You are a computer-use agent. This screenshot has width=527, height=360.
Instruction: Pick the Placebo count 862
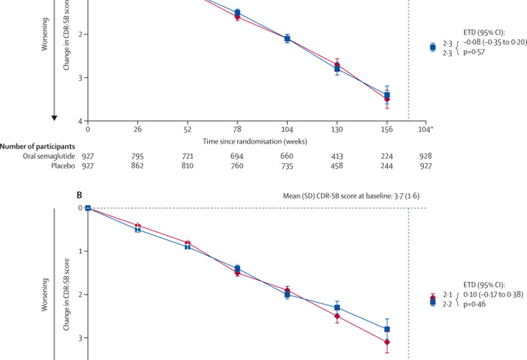pyautogui.click(x=137, y=165)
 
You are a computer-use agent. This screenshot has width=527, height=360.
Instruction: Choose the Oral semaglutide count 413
pyautogui.click(x=337, y=155)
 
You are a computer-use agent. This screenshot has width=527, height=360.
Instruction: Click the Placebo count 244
pyautogui.click(x=387, y=165)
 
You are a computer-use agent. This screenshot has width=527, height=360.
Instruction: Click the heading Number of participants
pyautogui.click(x=38, y=145)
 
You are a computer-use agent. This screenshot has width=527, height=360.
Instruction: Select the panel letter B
pyautogui.click(x=79, y=195)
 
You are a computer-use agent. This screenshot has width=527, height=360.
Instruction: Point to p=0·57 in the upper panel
pyautogui.click(x=475, y=51)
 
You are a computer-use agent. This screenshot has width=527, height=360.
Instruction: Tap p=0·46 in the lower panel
pyautogui.click(x=475, y=311)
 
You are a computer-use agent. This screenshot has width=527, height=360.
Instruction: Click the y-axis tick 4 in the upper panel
pyautogui.click(x=79, y=121)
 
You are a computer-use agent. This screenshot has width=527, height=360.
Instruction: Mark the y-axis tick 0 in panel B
pyautogui.click(x=79, y=208)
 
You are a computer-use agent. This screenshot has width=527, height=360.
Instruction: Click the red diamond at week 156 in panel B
pyautogui.click(x=387, y=342)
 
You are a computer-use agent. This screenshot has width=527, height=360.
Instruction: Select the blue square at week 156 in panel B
pyautogui.click(x=387, y=329)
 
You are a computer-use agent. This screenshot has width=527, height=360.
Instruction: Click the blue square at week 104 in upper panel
pyautogui.click(x=287, y=39)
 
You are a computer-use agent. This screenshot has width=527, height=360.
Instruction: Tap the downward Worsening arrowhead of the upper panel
pyautogui.click(x=55, y=118)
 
